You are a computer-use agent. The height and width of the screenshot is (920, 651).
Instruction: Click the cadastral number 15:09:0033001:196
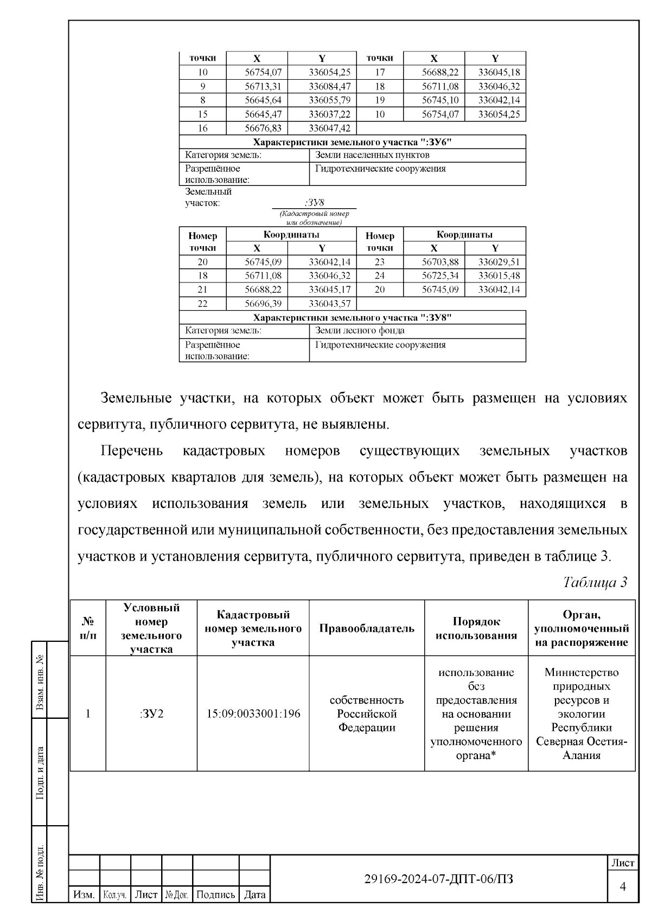253,713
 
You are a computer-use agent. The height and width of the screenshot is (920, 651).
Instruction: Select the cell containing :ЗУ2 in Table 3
151,713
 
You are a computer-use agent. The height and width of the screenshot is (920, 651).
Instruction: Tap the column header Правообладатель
367,628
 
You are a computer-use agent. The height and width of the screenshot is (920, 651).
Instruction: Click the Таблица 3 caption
595,583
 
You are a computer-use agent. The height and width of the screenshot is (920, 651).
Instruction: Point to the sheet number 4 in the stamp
623,886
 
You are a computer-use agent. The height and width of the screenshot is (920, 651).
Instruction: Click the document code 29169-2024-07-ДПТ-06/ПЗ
439,879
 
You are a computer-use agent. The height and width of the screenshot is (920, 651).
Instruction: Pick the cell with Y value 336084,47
322,86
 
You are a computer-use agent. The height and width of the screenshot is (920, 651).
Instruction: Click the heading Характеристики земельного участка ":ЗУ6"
353,142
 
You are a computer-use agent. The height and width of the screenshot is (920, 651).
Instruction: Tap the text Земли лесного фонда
360,330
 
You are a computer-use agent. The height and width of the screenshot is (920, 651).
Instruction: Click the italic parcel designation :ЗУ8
315,203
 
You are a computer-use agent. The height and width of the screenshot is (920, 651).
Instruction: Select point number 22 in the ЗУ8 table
202,304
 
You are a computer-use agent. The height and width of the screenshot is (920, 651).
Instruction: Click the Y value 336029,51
495,262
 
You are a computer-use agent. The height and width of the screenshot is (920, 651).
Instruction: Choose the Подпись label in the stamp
215,895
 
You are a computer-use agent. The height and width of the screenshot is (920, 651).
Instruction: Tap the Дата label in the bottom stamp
254,895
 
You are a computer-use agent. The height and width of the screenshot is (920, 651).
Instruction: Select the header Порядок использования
476,628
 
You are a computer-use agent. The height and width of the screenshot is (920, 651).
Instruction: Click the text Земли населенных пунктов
372,155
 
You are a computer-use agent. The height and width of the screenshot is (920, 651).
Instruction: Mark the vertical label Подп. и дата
39,772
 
